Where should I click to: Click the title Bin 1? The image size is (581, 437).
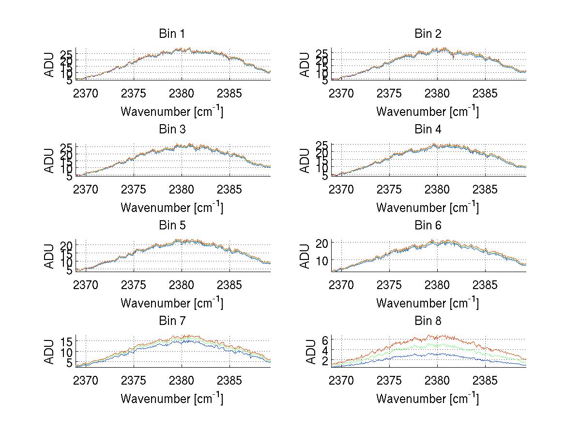(171, 34)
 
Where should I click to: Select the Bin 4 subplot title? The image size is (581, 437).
(428, 129)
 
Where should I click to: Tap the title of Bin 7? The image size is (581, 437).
(171, 321)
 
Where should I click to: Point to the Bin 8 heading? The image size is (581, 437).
(428, 321)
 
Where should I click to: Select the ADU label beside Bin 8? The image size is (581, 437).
(305, 352)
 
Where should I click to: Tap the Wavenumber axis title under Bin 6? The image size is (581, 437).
(428, 303)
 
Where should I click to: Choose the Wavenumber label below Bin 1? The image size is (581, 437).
(172, 111)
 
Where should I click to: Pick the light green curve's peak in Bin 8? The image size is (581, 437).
(426, 344)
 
